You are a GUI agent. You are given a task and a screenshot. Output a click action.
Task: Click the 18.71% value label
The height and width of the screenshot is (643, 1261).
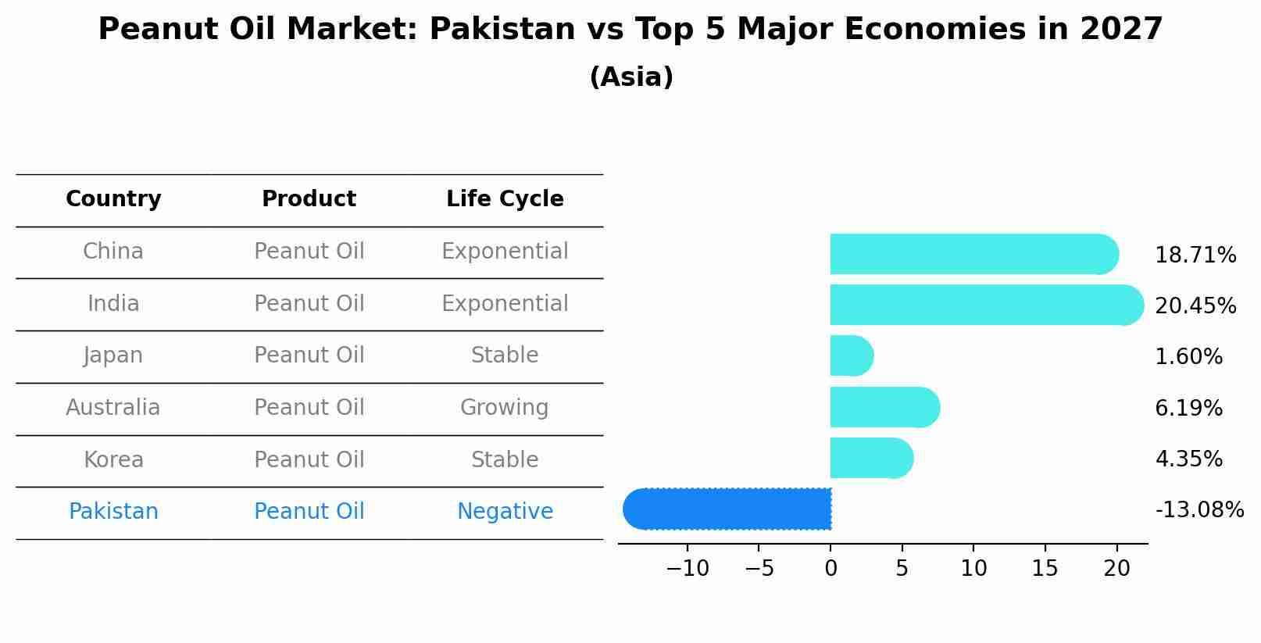pyautogui.click(x=1195, y=255)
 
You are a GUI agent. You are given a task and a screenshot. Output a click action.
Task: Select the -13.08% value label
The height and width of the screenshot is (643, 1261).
pyautogui.click(x=1198, y=510)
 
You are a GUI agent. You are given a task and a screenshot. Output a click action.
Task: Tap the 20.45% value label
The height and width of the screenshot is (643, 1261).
pyautogui.click(x=1195, y=306)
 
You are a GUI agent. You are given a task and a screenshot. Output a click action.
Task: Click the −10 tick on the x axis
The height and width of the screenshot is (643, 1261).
pyautogui.click(x=688, y=569)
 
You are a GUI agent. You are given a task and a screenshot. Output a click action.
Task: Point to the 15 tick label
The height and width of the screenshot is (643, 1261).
pyautogui.click(x=1045, y=569)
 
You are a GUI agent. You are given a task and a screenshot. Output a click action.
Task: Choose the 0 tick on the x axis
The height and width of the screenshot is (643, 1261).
pyautogui.click(x=831, y=569)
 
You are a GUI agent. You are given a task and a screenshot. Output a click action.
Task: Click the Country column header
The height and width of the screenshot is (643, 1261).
pyautogui.click(x=113, y=199)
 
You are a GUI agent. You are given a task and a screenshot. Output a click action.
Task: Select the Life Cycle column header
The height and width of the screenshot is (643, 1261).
pyautogui.click(x=505, y=199)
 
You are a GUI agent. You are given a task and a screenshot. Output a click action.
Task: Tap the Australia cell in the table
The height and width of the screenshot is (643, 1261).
pyautogui.click(x=113, y=408)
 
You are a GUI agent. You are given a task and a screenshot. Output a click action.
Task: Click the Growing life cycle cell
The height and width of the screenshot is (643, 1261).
pyautogui.click(x=505, y=408)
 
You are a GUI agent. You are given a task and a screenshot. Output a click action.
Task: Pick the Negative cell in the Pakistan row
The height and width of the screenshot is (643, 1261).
pyautogui.click(x=505, y=512)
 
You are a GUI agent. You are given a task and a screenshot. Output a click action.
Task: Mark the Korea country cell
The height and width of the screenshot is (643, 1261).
pyautogui.click(x=113, y=460)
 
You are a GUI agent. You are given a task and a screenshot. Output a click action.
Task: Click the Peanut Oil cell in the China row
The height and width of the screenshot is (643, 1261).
pyautogui.click(x=309, y=252)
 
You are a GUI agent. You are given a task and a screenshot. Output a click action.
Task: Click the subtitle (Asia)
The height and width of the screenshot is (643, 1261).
pyautogui.click(x=631, y=77)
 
